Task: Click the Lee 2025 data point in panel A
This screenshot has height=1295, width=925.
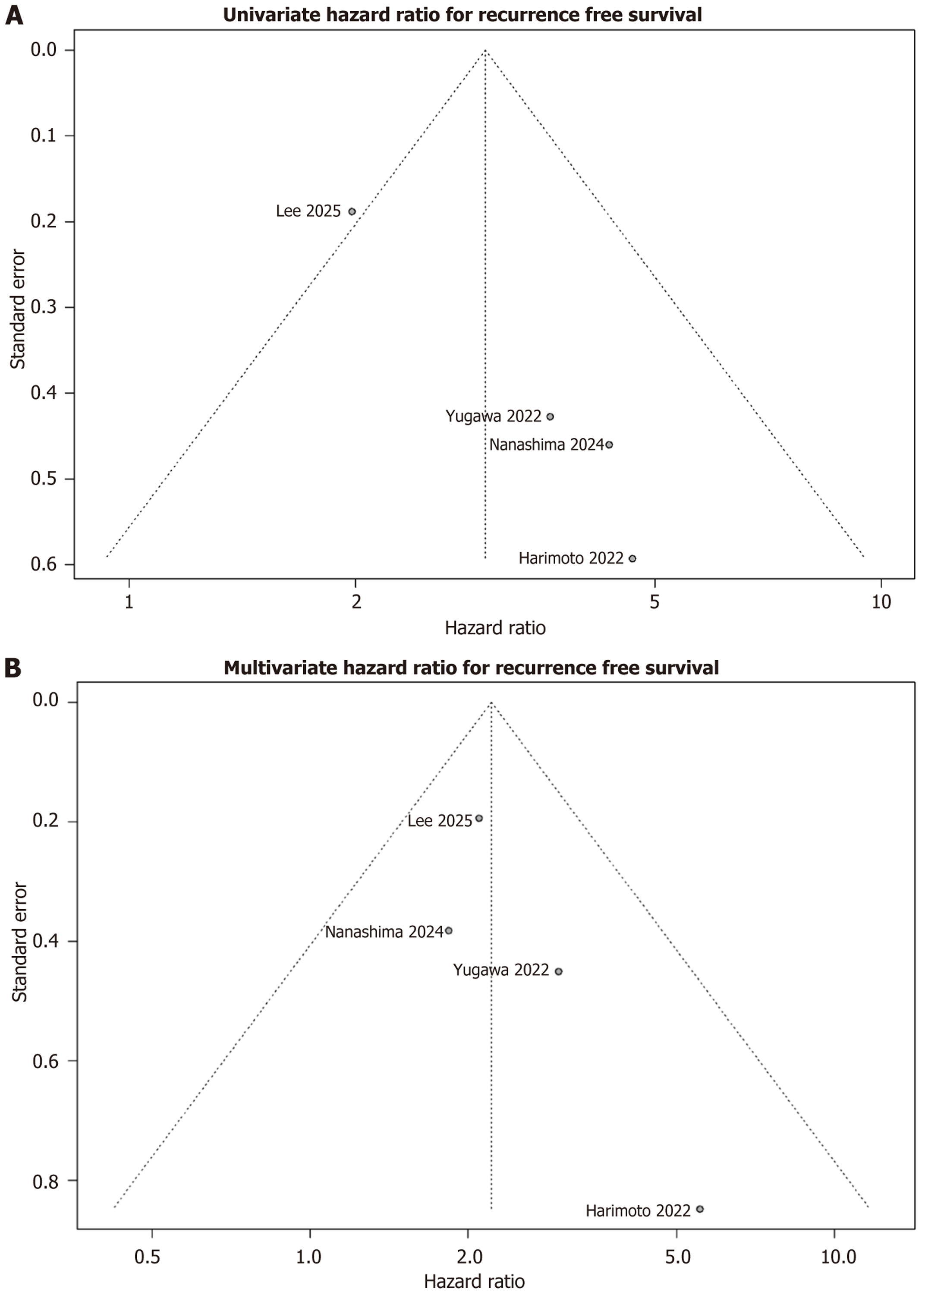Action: coord(352,211)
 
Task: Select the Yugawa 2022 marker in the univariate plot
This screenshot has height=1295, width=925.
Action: coord(550,416)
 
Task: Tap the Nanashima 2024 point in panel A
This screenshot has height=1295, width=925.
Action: coord(610,444)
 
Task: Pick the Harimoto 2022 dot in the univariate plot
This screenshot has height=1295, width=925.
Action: coord(632,558)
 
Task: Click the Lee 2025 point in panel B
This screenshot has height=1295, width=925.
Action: coord(479,818)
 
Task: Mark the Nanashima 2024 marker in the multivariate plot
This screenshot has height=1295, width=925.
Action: coord(449,930)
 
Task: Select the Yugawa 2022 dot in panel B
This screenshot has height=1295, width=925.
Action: coord(559,971)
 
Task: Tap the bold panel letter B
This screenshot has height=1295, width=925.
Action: coord(13,667)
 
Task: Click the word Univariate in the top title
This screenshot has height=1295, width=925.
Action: coord(272,15)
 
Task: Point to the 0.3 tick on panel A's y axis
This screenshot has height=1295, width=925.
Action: coord(44,307)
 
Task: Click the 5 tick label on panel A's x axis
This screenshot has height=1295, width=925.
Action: coord(654,602)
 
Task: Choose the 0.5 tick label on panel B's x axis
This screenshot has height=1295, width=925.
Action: coord(147,1256)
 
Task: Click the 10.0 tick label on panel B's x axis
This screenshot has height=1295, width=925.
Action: coord(838,1256)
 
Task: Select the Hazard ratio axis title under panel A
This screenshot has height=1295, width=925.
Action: coord(495,628)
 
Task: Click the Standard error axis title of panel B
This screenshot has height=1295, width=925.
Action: coord(19,942)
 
